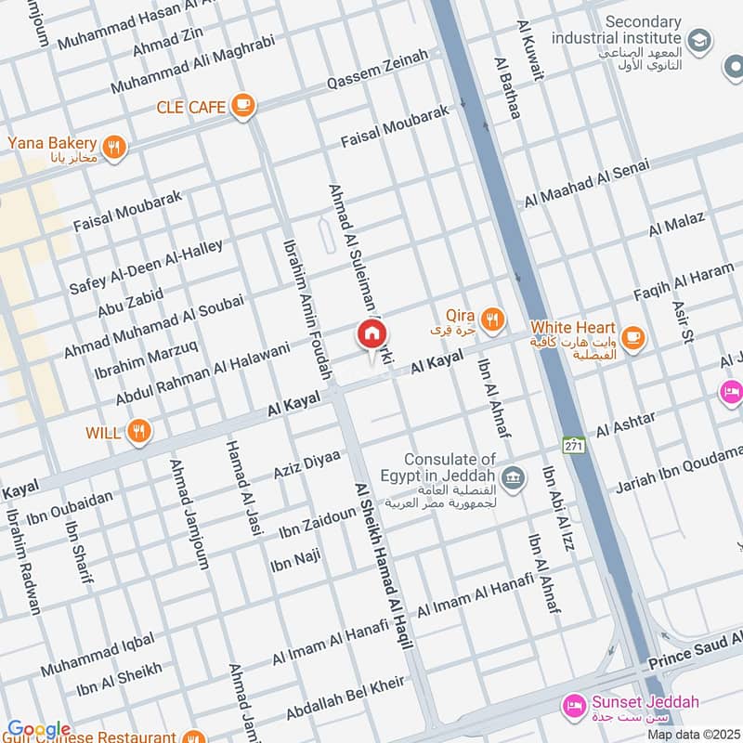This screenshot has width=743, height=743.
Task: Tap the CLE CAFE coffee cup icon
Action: click(x=243, y=107)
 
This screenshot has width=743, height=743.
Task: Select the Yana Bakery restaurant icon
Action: click(x=114, y=148)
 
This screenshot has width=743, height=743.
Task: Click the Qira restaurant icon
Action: click(x=493, y=320)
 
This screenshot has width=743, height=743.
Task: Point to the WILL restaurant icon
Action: click(x=139, y=431)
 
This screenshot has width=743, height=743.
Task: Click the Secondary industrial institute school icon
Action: click(x=699, y=41)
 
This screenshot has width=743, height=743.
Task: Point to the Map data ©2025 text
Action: click(x=693, y=735)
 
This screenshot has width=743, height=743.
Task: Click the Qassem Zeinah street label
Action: click(x=377, y=71)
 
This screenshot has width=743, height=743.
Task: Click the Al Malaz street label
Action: click(x=677, y=225)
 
